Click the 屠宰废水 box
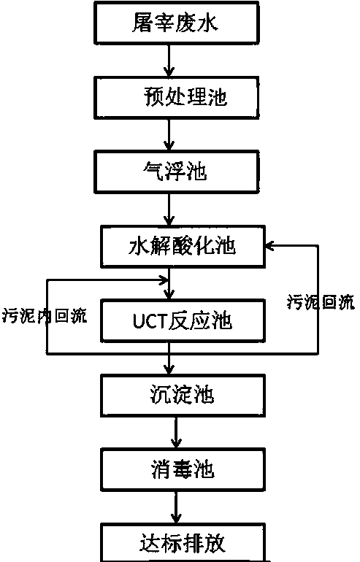point(176,23)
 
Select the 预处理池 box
point(176,98)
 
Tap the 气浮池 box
point(176,172)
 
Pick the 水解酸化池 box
point(183,247)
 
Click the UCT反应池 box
point(183,321)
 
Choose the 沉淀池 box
point(183,396)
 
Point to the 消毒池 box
point(183,469)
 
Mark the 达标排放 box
point(183,543)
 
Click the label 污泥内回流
point(45,316)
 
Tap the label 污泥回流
point(321,302)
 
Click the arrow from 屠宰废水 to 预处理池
point(169,60)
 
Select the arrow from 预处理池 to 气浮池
point(169,135)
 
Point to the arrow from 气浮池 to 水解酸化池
point(169,209)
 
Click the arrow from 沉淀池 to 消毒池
point(176,433)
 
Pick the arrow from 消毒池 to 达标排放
point(176,507)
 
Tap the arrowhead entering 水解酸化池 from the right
point(269,246)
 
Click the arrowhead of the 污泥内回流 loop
point(164,280)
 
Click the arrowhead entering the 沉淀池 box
point(169,370)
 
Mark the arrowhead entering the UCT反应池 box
point(169,295)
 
